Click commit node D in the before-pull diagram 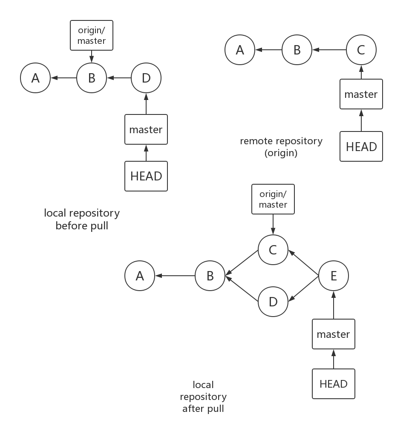point(146,78)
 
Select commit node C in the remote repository point(361,50)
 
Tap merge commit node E point(334,276)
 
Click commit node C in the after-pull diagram point(273,250)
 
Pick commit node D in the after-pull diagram point(273,302)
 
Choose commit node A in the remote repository point(240,50)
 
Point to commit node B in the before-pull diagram point(92,78)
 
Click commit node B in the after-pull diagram point(210,276)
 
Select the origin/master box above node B point(92,35)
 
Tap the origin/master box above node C point(273,199)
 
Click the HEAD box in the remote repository point(361,146)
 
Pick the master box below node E point(334,334)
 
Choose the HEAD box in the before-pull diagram point(146,176)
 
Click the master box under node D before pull point(146,129)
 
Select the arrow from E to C point(303,263)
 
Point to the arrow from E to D point(303,288)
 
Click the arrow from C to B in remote point(329,50)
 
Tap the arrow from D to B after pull point(242,288)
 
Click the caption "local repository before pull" point(82,219)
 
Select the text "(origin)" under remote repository point(281,153)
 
